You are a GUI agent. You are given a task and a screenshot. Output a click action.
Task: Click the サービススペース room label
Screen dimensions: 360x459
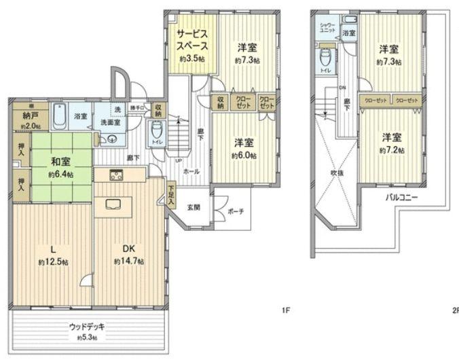[x=192, y=41]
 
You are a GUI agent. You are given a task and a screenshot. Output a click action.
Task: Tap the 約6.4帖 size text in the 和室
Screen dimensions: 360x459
[x=60, y=175]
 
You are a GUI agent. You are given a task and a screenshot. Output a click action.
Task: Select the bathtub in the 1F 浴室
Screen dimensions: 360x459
[x=58, y=117]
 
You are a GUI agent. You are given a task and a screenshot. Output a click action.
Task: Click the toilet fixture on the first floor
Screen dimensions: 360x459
[x=157, y=129]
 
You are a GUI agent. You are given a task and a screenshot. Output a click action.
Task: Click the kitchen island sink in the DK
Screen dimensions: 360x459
[x=110, y=204]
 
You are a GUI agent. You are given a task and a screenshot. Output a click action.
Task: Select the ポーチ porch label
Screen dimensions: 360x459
[x=235, y=211]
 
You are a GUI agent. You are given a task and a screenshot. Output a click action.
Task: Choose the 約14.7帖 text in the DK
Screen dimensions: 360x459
[x=127, y=262]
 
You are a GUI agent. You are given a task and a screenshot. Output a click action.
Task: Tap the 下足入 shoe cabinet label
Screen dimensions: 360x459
[x=171, y=195]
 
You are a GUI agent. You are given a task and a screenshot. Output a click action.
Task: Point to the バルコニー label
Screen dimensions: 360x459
[x=402, y=197]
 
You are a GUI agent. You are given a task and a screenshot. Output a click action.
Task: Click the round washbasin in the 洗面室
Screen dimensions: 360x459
[x=111, y=139]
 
